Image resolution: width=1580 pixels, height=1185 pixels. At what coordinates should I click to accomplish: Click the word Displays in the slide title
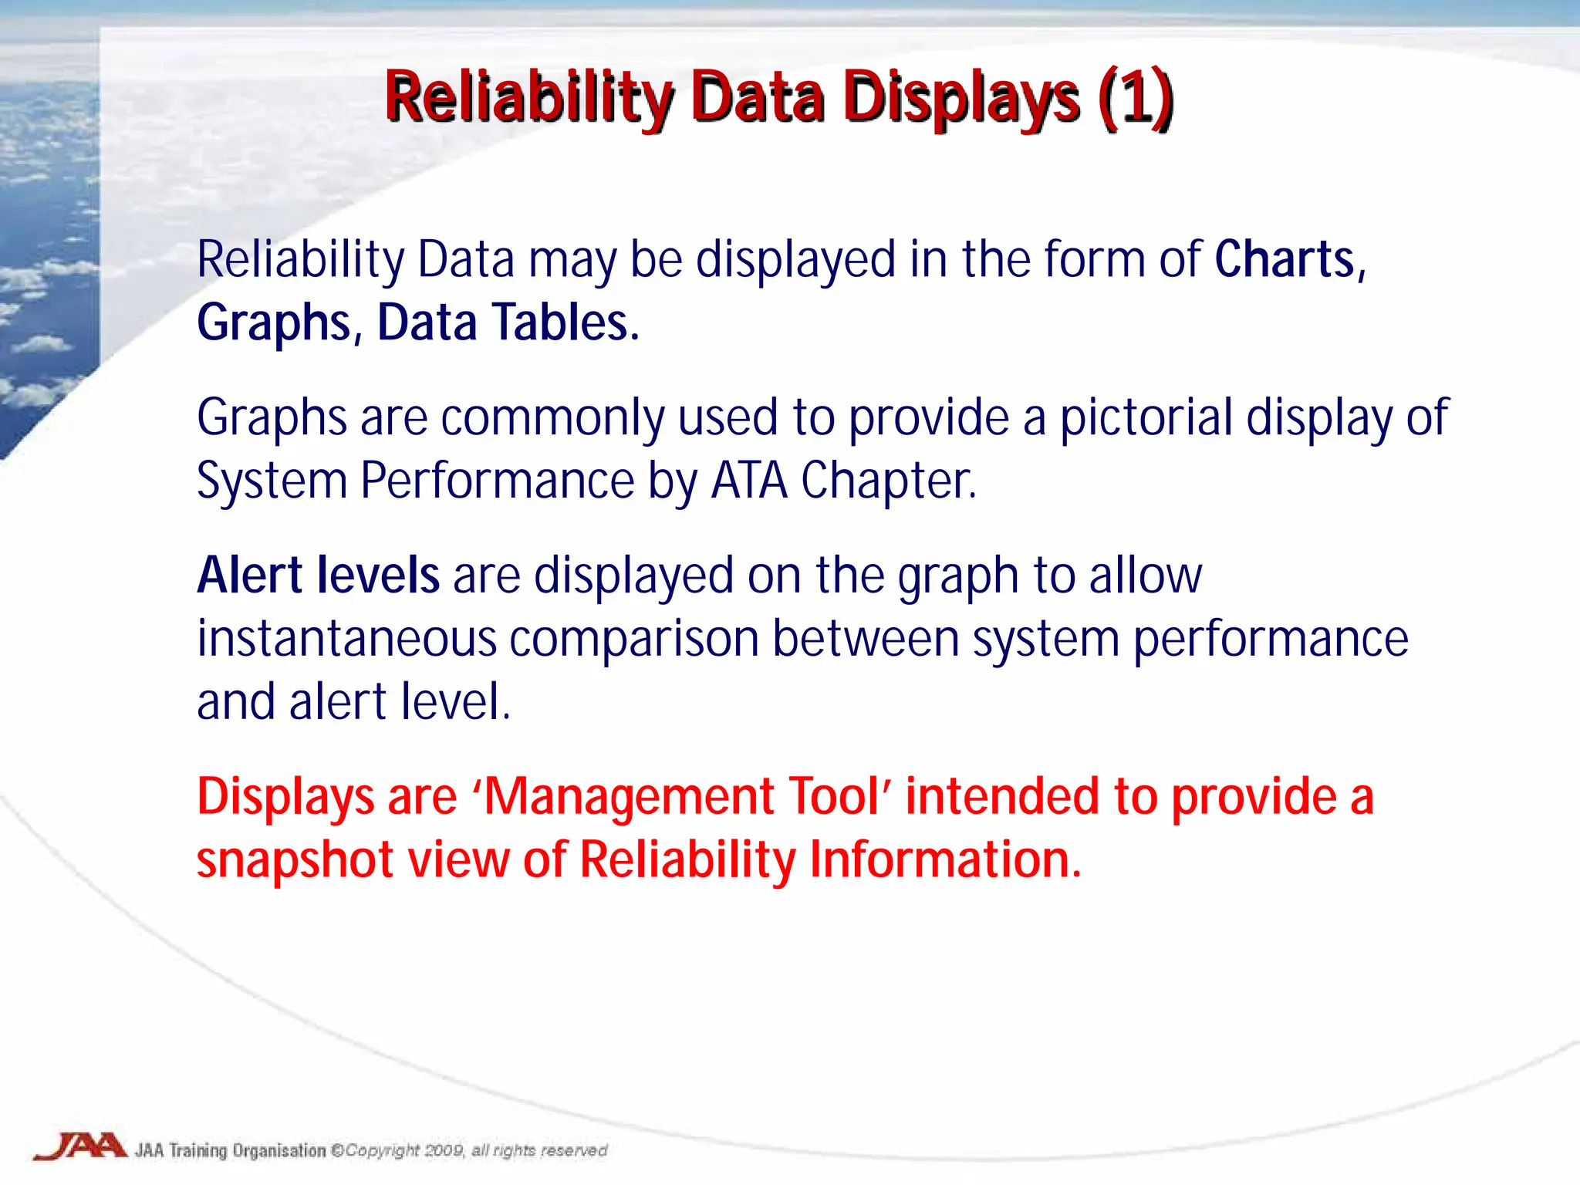(960, 98)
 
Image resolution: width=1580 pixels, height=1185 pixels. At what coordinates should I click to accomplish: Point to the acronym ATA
(748, 481)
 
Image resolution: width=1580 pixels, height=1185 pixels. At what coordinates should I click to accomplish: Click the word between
(865, 639)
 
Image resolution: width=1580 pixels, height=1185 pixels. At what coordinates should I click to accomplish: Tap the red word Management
(629, 797)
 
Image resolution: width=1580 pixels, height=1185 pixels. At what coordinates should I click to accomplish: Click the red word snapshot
(295, 860)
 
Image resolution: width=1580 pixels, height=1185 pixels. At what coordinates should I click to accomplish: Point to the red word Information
(945, 860)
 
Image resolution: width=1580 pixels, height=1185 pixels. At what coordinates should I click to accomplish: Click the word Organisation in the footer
(279, 1151)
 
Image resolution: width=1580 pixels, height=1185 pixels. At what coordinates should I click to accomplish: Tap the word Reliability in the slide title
(529, 98)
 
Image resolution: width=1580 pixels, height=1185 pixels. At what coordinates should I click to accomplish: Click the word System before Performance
(272, 481)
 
